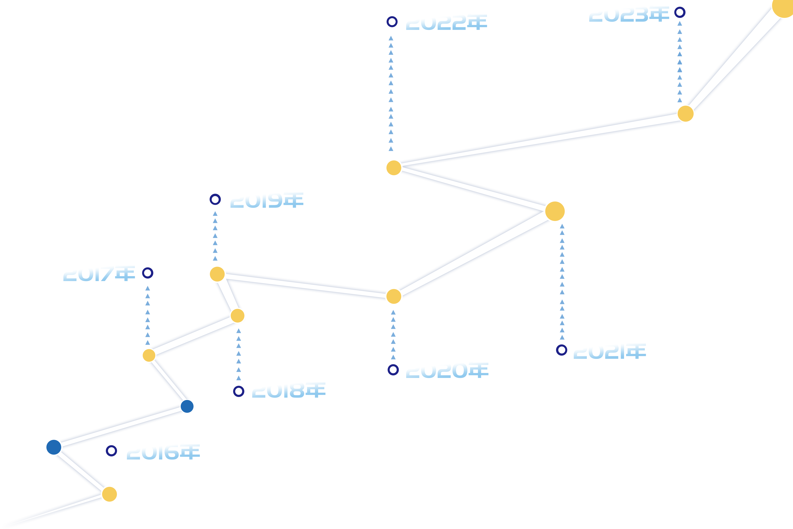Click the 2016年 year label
tap(163, 452)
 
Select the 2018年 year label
tap(289, 390)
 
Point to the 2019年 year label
tap(267, 200)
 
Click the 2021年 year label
tap(610, 351)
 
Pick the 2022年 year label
tap(446, 22)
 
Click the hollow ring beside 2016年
tap(111, 451)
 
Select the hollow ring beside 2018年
tap(239, 391)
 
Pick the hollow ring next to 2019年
tap(215, 199)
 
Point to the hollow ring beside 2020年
tap(393, 370)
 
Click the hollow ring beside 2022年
tap(392, 22)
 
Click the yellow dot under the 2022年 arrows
tap(394, 168)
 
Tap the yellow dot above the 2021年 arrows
tap(555, 211)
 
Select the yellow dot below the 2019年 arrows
tap(217, 274)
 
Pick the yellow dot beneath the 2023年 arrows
tap(685, 114)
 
